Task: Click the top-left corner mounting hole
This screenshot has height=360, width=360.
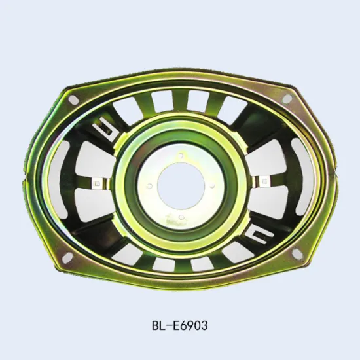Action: (x=73, y=99)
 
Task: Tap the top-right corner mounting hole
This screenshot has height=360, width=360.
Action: (x=287, y=99)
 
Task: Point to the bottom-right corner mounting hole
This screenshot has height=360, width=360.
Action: (x=296, y=253)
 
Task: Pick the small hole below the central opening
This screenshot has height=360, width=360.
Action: (x=181, y=214)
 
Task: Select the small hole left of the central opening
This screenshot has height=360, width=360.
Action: (x=150, y=187)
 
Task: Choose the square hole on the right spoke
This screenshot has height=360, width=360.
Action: (x=264, y=179)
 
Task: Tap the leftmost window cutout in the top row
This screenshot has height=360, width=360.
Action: (x=126, y=108)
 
